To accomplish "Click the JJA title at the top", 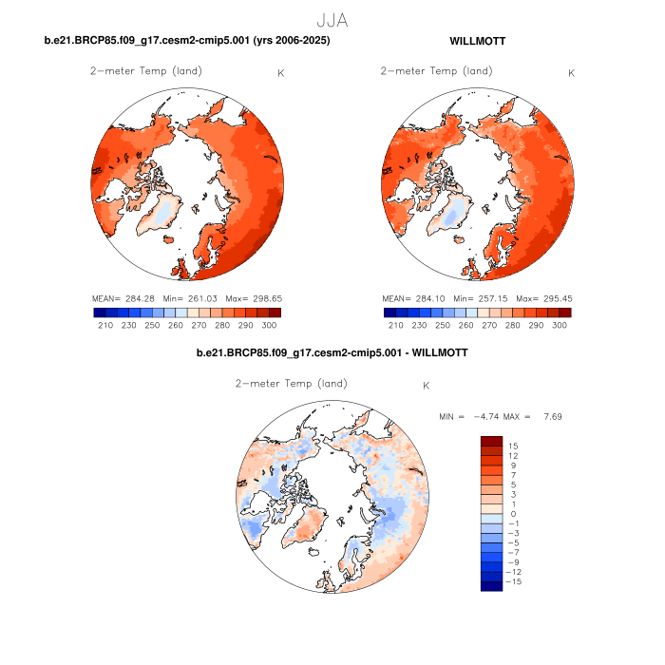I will point(332,19).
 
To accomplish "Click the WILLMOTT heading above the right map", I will point(478,41).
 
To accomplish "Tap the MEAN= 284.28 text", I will point(124,299).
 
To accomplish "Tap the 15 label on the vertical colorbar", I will point(514,446).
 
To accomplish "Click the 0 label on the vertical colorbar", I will point(514,514).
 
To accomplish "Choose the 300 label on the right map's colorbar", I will point(559,325).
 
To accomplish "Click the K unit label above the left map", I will point(279,72).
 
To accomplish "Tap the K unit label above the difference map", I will point(427,386).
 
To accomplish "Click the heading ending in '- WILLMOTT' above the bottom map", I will point(332,353).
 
